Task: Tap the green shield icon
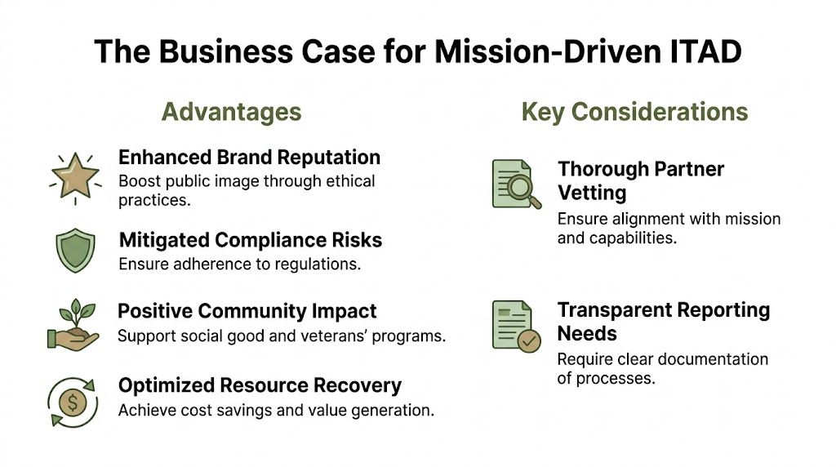[74, 250]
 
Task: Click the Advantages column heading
[231, 112]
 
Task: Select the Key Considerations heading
[634, 112]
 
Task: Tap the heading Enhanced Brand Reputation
[249, 157]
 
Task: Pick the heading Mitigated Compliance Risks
[250, 240]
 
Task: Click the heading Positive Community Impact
[247, 311]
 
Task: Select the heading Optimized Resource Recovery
[260, 385]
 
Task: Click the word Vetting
[592, 193]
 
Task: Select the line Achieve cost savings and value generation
[275, 410]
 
